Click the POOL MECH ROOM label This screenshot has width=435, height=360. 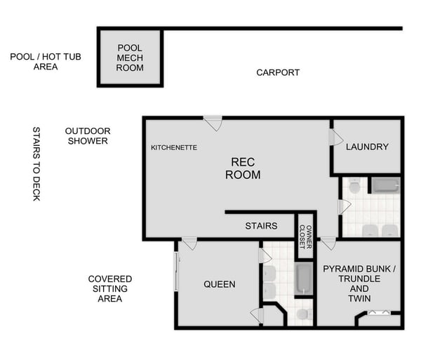[130, 58]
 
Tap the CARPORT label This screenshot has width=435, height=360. [278, 72]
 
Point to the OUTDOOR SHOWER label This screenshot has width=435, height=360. [88, 136]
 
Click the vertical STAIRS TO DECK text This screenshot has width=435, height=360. [36, 164]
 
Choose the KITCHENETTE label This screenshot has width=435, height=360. [174, 148]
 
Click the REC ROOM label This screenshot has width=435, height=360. [243, 168]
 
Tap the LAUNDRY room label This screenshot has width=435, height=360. [367, 147]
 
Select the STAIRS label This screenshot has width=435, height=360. [260, 226]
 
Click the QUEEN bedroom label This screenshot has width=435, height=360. [220, 284]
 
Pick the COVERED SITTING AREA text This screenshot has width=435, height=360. [109, 288]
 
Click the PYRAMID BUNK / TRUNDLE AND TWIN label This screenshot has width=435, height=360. [359, 284]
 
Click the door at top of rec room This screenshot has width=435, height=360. [213, 124]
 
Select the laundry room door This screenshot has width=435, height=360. [335, 138]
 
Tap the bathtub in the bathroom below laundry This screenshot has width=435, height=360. [385, 185]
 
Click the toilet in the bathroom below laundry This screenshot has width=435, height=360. [354, 187]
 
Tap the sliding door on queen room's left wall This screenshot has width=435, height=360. [178, 271]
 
